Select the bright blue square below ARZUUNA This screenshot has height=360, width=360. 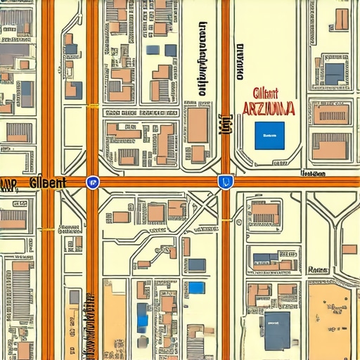click(x=269, y=135)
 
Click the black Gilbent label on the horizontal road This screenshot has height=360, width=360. click(x=49, y=182)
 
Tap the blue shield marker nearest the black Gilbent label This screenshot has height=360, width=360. click(x=91, y=182)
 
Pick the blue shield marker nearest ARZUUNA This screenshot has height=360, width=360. click(x=225, y=181)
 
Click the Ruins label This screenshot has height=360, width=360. click(x=319, y=270)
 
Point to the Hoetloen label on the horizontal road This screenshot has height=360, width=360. click(x=313, y=174)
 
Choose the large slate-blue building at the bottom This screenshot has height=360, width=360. click(x=277, y=331)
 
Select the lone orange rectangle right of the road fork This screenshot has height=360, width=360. click(x=349, y=249)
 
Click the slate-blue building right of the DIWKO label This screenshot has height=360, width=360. click(x=334, y=73)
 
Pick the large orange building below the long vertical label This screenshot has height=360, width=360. click(x=198, y=124)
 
